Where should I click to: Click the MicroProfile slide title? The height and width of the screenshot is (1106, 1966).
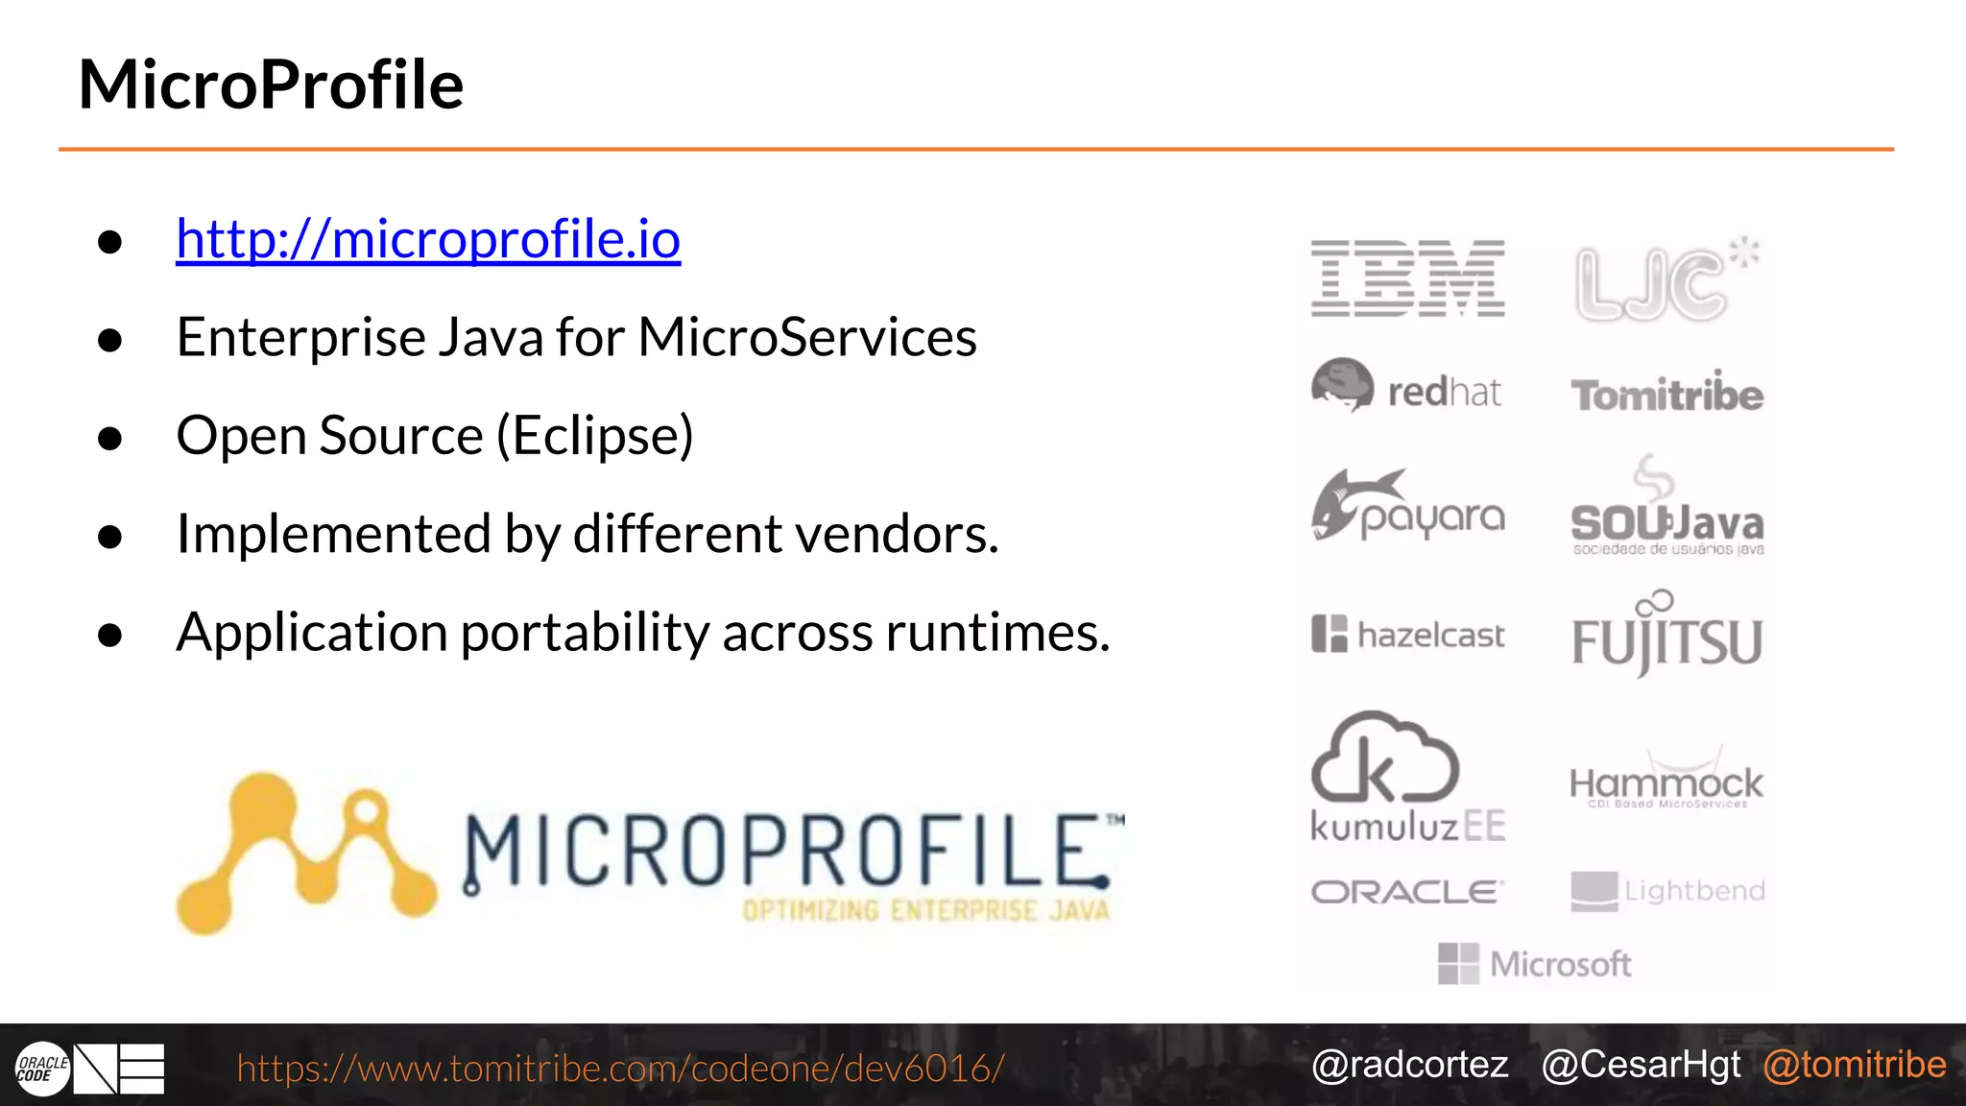click(271, 84)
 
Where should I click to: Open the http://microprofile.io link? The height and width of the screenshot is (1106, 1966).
click(428, 238)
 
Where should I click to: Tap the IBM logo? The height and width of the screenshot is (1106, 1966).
click(1407, 278)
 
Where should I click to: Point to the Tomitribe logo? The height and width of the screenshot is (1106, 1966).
click(1666, 394)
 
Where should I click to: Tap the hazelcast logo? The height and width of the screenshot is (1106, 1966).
click(1407, 635)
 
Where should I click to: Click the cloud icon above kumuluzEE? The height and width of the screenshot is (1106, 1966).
click(1384, 758)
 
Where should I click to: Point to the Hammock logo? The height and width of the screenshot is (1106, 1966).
click(1666, 783)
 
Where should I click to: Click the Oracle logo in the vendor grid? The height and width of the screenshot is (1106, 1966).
click(1407, 892)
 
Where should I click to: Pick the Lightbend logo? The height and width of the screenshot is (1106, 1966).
click(1667, 891)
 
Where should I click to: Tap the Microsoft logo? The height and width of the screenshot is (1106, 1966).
click(1534, 964)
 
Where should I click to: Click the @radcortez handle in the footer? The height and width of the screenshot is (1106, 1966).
click(1409, 1065)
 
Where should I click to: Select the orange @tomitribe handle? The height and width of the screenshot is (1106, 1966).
click(1855, 1065)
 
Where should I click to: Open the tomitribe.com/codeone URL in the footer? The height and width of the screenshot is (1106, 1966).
click(620, 1069)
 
